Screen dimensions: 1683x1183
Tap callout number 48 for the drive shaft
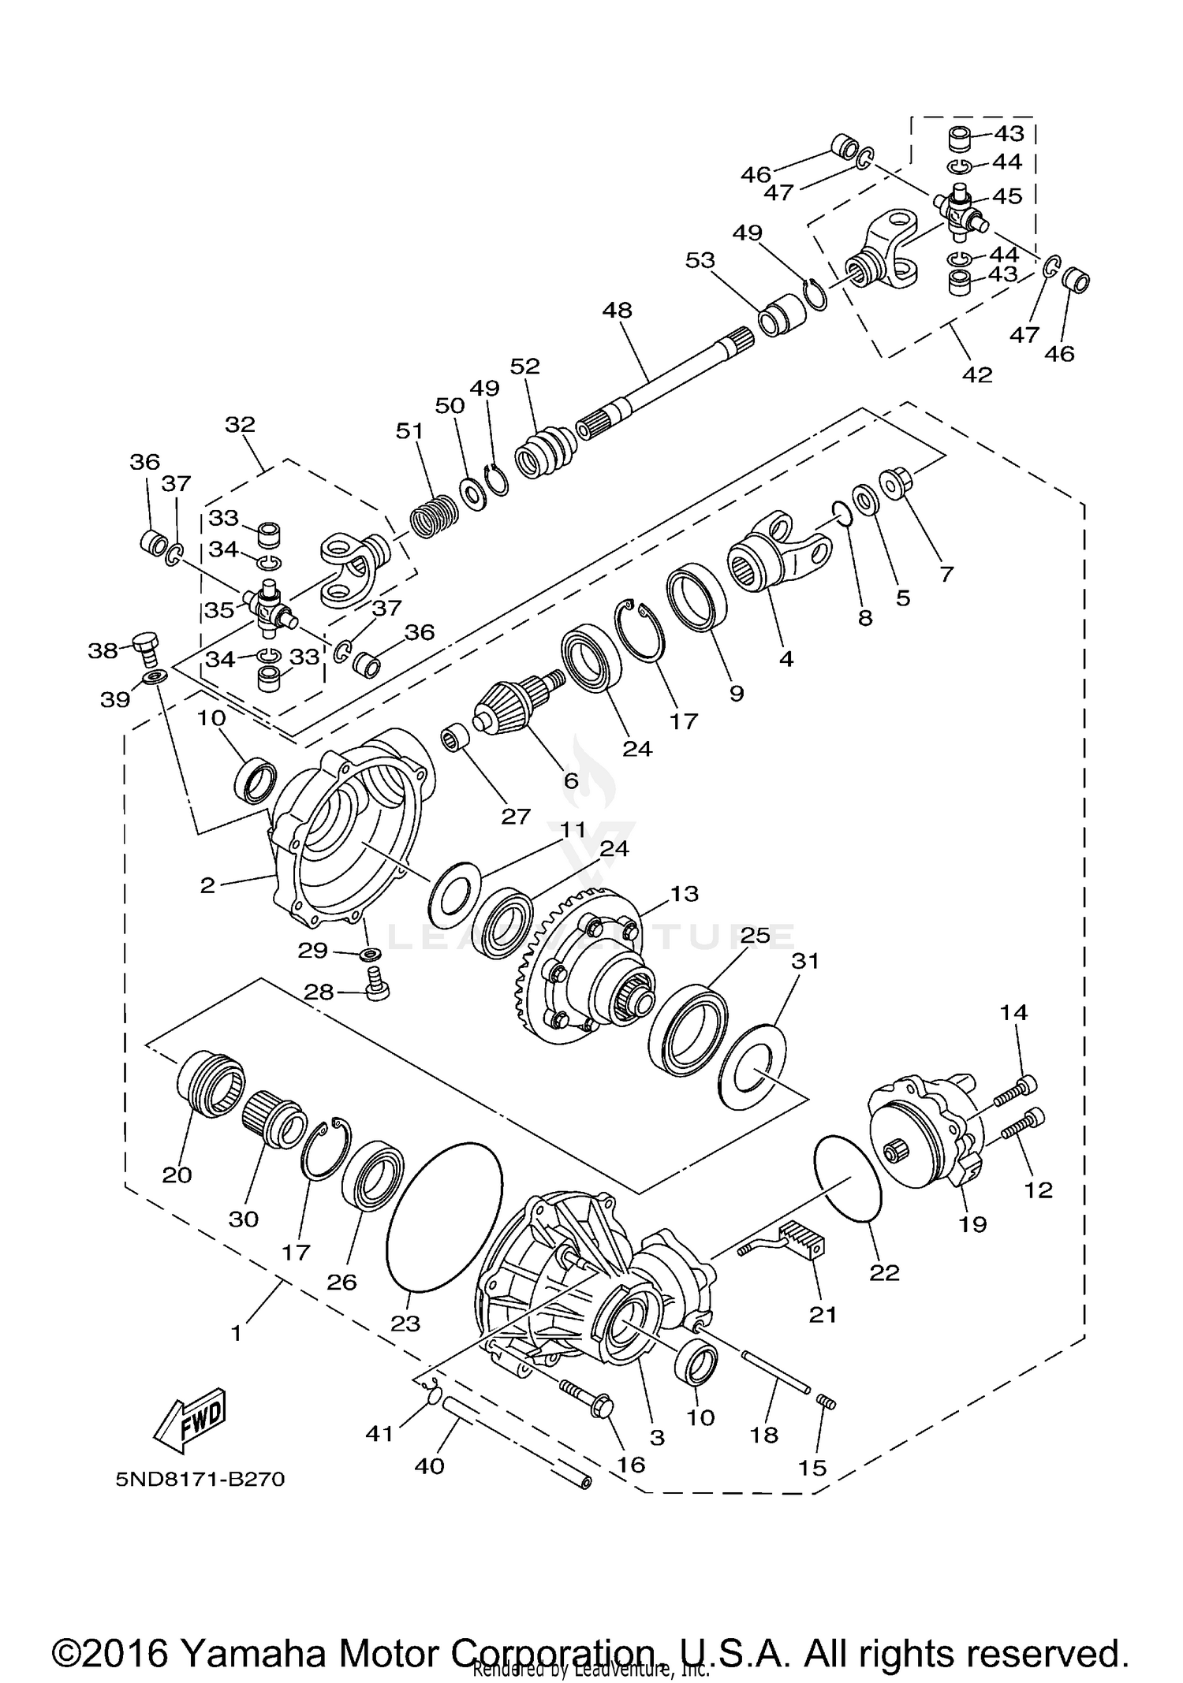(618, 311)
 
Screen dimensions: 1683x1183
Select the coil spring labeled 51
(433, 517)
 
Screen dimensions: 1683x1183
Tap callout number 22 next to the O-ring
(883, 1272)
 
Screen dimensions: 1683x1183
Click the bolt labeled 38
(147, 646)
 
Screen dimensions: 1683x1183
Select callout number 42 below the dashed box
(977, 375)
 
